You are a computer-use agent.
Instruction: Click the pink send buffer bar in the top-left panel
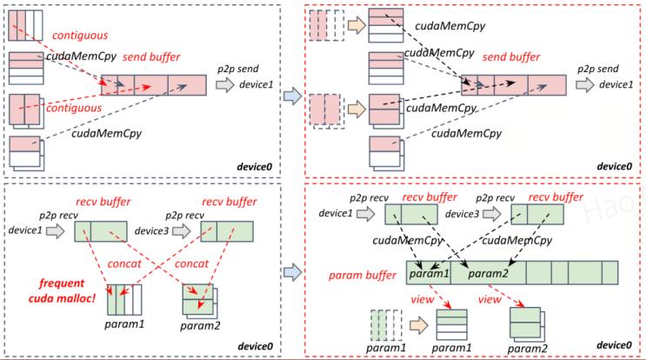[x=153, y=85]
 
